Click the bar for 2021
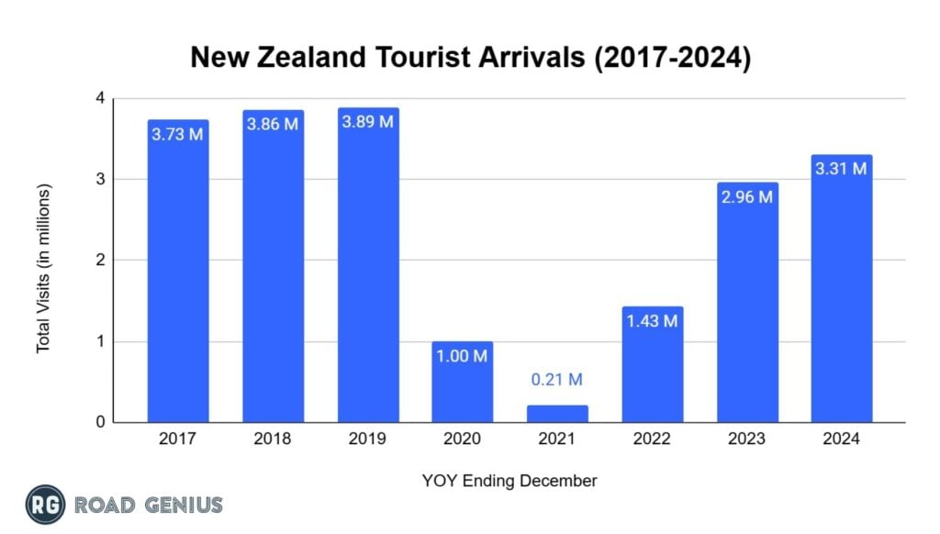(x=557, y=414)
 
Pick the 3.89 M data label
(x=367, y=121)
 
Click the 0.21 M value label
(x=557, y=380)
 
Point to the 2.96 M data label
(x=747, y=196)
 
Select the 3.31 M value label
(x=842, y=169)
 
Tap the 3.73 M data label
(x=177, y=134)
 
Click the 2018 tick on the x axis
(x=273, y=439)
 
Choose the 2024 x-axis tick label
(x=842, y=439)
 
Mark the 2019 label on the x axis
(x=367, y=439)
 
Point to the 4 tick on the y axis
(x=100, y=99)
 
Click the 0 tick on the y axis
(x=100, y=423)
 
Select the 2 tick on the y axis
(x=100, y=261)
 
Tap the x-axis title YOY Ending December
(x=509, y=481)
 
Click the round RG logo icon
(x=44, y=504)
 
